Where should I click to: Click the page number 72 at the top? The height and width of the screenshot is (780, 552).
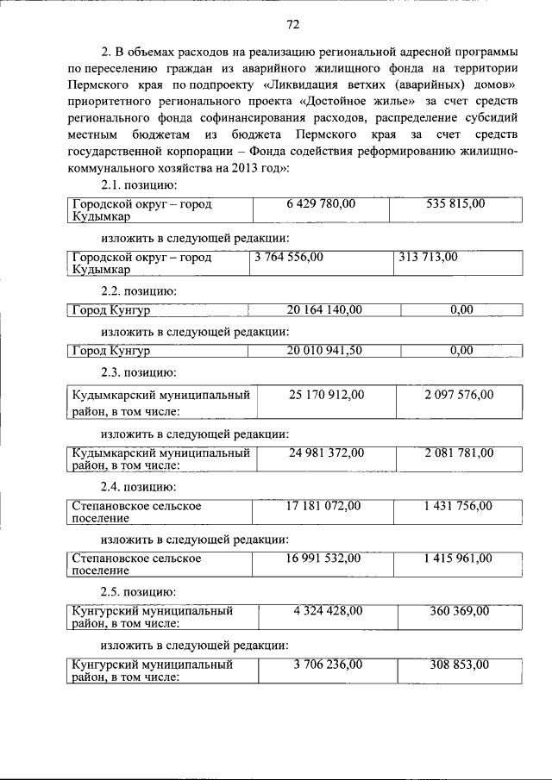(x=292, y=23)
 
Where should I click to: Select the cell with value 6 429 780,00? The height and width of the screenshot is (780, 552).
(x=320, y=203)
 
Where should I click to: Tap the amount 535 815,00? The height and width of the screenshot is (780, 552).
(x=455, y=203)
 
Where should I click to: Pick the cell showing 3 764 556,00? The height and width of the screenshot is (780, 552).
(x=289, y=257)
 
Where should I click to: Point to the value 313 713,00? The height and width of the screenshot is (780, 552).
(x=429, y=257)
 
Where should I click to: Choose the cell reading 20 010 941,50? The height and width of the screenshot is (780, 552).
(x=323, y=350)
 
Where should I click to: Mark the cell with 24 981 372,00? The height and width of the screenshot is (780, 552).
(x=324, y=452)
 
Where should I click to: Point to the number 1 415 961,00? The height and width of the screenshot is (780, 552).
(x=458, y=558)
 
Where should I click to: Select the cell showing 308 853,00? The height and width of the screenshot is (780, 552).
(x=460, y=665)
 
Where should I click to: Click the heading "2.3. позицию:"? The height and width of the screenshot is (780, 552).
(x=138, y=372)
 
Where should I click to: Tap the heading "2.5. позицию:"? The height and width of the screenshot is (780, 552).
(x=138, y=591)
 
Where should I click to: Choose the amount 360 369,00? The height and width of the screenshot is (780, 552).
(x=459, y=611)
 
